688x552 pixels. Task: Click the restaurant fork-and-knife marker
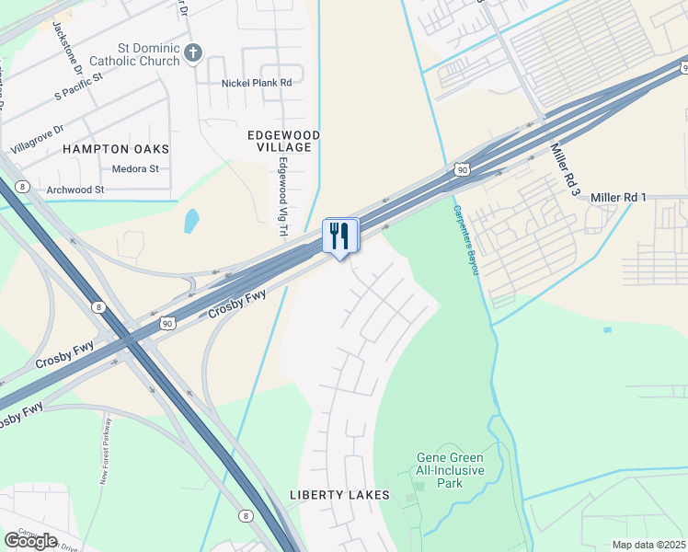click(340, 236)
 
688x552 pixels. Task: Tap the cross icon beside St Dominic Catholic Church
click(193, 52)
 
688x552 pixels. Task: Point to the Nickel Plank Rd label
click(257, 83)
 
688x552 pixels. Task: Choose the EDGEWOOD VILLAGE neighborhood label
click(284, 140)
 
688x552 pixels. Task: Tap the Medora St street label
click(135, 169)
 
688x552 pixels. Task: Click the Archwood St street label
click(75, 190)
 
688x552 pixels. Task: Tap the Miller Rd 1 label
click(619, 198)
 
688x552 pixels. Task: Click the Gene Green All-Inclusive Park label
click(449, 470)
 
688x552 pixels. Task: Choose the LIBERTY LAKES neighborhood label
click(339, 495)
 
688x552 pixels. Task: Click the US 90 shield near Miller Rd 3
click(462, 169)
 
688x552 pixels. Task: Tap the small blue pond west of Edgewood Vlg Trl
click(190, 221)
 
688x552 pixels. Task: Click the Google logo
click(30, 541)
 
